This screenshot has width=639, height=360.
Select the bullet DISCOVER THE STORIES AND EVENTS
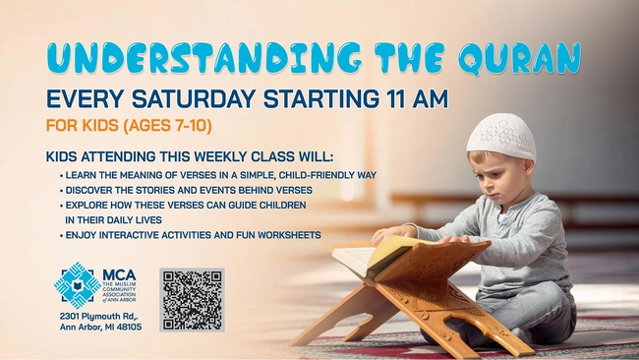[188, 189]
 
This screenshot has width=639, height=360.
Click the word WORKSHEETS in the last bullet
[292, 234]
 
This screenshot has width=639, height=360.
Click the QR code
[192, 299]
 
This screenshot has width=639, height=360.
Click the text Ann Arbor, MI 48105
[97, 327]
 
